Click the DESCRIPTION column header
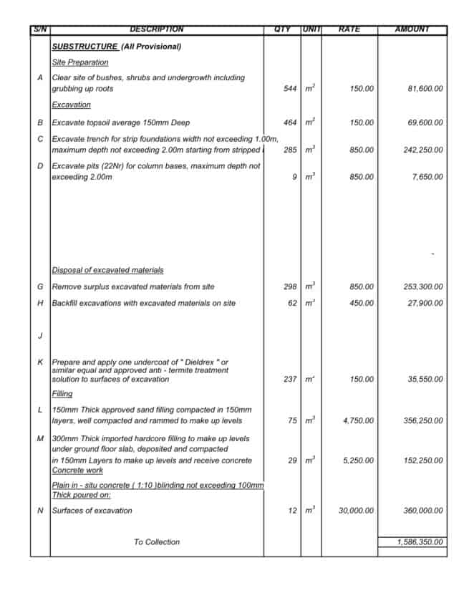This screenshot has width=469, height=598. [156, 29]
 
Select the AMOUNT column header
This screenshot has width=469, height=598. [412, 29]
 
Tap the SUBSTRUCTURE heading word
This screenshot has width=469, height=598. [84, 47]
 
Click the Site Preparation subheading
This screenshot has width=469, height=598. [80, 62]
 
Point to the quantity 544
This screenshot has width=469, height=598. [290, 89]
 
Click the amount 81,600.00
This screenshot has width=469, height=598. [425, 89]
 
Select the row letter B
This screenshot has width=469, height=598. [40, 122]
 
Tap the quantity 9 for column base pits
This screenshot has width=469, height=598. [294, 177]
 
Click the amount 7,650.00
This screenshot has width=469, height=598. [427, 177]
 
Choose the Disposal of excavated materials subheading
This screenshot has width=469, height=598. [107, 270]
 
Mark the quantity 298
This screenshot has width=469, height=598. [290, 286]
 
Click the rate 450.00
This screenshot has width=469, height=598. [362, 303]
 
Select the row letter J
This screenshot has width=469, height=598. [40, 335]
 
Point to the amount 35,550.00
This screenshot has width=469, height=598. [425, 379]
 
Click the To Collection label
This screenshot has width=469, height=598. [157, 542]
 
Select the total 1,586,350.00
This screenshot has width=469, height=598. [420, 542]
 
